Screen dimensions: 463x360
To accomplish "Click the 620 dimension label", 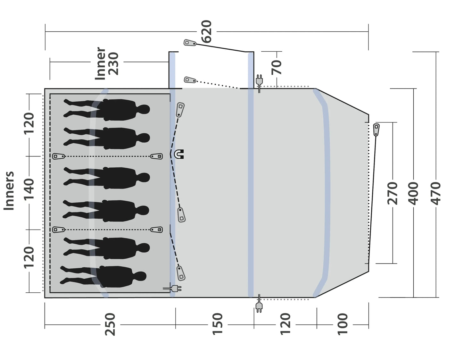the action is tap(206, 31).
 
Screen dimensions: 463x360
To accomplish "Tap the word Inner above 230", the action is tap(100, 63).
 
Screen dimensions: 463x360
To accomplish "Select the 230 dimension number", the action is tap(113, 63).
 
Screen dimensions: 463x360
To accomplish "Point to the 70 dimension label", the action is tap(276, 67).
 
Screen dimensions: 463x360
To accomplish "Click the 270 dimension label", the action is tap(392, 193).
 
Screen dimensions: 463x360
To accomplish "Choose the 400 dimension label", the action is tap(413, 193).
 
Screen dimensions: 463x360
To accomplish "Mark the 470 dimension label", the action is tap(435, 193).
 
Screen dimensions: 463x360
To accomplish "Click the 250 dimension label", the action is tap(110, 324).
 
